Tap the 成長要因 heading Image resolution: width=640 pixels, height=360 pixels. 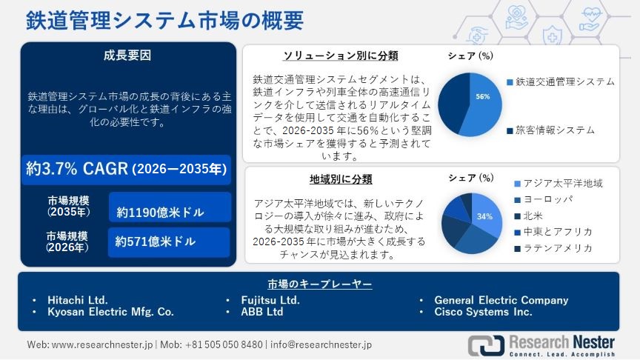click(128, 55)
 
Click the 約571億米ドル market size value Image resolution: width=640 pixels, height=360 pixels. click(155, 241)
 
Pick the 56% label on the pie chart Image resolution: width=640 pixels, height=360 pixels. click(483, 97)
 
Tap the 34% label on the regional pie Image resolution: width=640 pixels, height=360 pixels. click(484, 216)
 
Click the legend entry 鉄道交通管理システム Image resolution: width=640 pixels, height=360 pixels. click(564, 81)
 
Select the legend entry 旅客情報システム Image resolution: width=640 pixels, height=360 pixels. click(554, 130)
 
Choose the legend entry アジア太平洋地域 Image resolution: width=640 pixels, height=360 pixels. click(562, 183)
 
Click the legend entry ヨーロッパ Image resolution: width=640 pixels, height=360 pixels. click(548, 199)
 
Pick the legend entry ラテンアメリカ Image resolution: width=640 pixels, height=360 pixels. click(558, 248)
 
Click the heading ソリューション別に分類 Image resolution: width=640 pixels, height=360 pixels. click(341, 56)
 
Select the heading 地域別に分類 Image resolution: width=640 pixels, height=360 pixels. click(341, 179)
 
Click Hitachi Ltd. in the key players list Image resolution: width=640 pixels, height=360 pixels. click(78, 300)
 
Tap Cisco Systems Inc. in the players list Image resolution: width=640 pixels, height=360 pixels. click(483, 312)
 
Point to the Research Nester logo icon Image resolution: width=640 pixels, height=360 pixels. click(484, 344)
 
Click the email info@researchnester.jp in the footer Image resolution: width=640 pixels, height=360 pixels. click(321, 344)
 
